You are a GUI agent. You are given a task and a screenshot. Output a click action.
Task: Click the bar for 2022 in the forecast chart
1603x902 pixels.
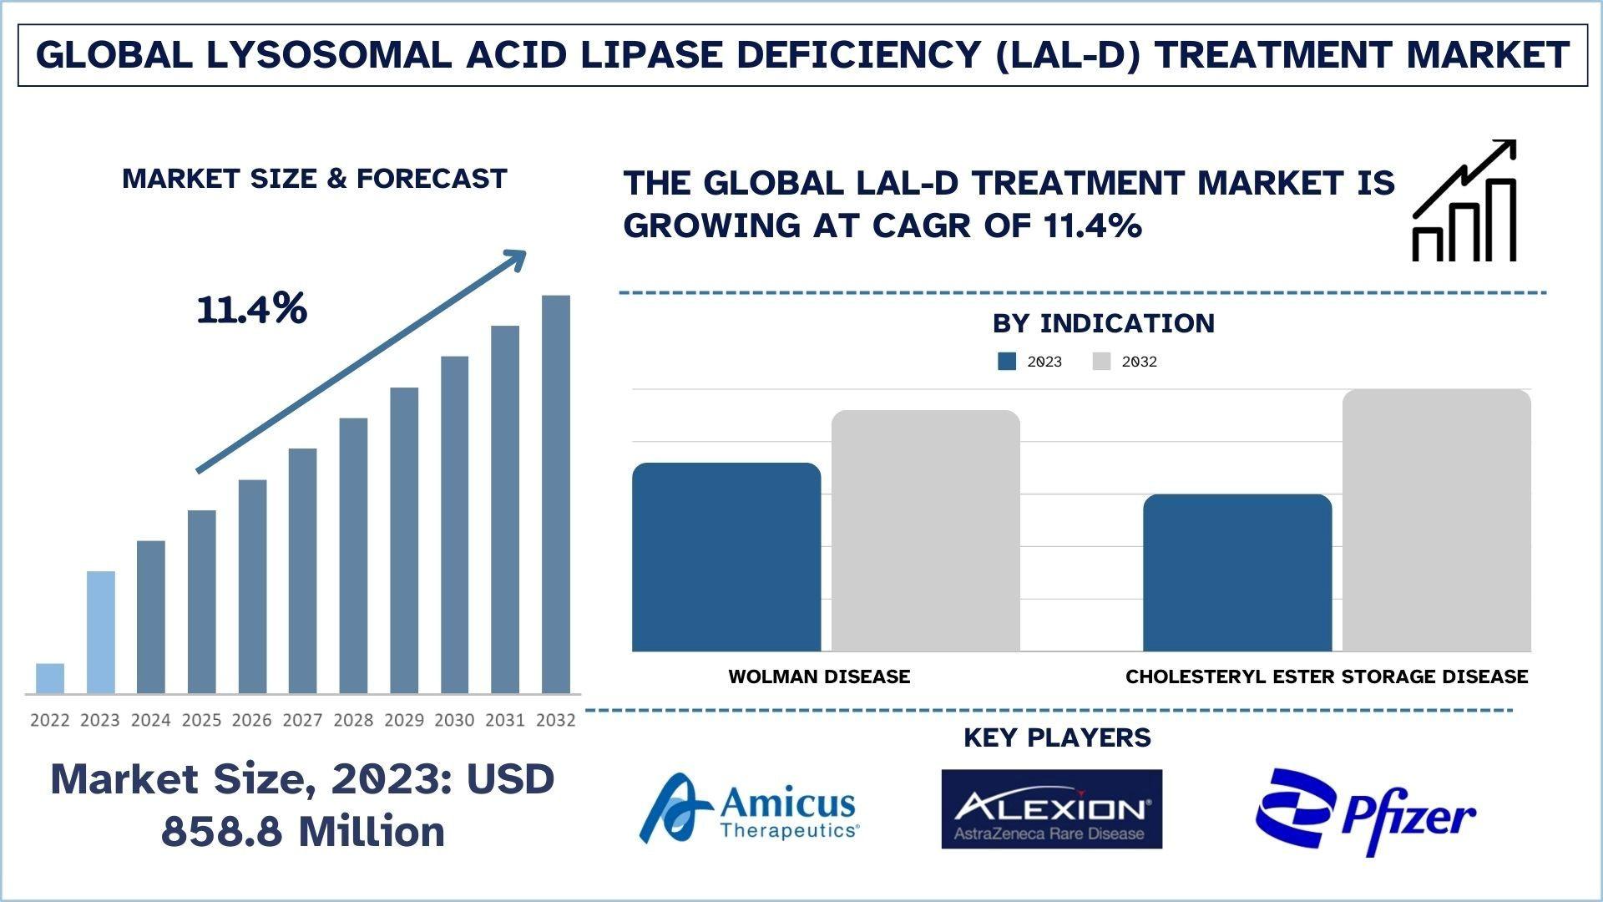50,678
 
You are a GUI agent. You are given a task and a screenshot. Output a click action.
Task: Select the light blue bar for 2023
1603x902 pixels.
101,632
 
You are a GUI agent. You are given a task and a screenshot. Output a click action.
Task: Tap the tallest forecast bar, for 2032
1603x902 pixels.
556,494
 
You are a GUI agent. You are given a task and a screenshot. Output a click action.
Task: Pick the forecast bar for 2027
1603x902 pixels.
303,571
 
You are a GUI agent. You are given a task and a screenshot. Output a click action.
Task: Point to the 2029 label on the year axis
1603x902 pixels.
404,720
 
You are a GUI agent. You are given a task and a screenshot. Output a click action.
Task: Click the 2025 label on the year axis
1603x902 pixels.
201,720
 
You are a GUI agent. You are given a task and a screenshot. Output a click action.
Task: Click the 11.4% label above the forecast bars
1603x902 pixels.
252,309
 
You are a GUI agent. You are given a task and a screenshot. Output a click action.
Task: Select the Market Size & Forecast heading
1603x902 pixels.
314,179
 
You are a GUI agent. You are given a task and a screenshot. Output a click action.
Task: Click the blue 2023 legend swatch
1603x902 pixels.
1007,362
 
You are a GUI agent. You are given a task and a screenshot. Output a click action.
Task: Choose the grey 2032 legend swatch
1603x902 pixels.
1102,362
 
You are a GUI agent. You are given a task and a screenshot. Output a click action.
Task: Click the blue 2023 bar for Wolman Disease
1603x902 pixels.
726,557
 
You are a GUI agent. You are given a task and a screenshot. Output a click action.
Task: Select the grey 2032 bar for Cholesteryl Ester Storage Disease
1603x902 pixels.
1437,520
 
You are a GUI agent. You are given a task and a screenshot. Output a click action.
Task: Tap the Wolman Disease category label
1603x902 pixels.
819,676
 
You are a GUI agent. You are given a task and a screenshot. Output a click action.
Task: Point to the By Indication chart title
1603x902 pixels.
1103,323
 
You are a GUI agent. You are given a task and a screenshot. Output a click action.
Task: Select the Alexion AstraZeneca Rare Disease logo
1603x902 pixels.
1051,808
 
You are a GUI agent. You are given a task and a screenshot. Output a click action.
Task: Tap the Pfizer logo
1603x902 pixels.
1365,812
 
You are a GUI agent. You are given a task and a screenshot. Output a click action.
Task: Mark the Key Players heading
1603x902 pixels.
1057,737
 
